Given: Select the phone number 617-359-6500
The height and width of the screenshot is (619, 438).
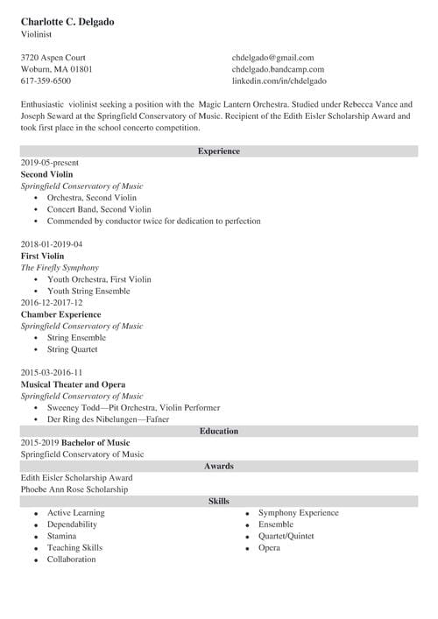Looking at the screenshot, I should (46, 81).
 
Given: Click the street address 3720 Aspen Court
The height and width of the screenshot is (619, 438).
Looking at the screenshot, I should (54, 57).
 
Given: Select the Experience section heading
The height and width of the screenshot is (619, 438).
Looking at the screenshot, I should (218, 151).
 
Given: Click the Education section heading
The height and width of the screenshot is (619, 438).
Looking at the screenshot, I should (218, 431).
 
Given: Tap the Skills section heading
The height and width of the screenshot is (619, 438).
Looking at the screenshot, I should (218, 501).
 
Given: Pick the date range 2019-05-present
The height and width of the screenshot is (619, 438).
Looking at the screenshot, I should (50, 163).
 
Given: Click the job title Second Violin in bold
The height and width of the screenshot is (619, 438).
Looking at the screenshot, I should (47, 174).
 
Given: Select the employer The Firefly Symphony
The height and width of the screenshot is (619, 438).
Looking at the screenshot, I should (60, 268).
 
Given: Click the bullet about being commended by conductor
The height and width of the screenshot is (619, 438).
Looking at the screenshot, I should (153, 222).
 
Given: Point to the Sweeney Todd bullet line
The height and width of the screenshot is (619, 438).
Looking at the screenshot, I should (133, 408).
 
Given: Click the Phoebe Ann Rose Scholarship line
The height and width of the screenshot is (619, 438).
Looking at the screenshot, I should (74, 489).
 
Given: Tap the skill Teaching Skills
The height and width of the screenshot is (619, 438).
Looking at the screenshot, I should (74, 548).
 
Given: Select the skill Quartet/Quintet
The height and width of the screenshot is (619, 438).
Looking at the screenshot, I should (286, 536).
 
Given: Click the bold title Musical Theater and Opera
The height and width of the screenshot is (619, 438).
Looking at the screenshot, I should (73, 384).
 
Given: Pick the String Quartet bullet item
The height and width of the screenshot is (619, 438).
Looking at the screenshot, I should (73, 349).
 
